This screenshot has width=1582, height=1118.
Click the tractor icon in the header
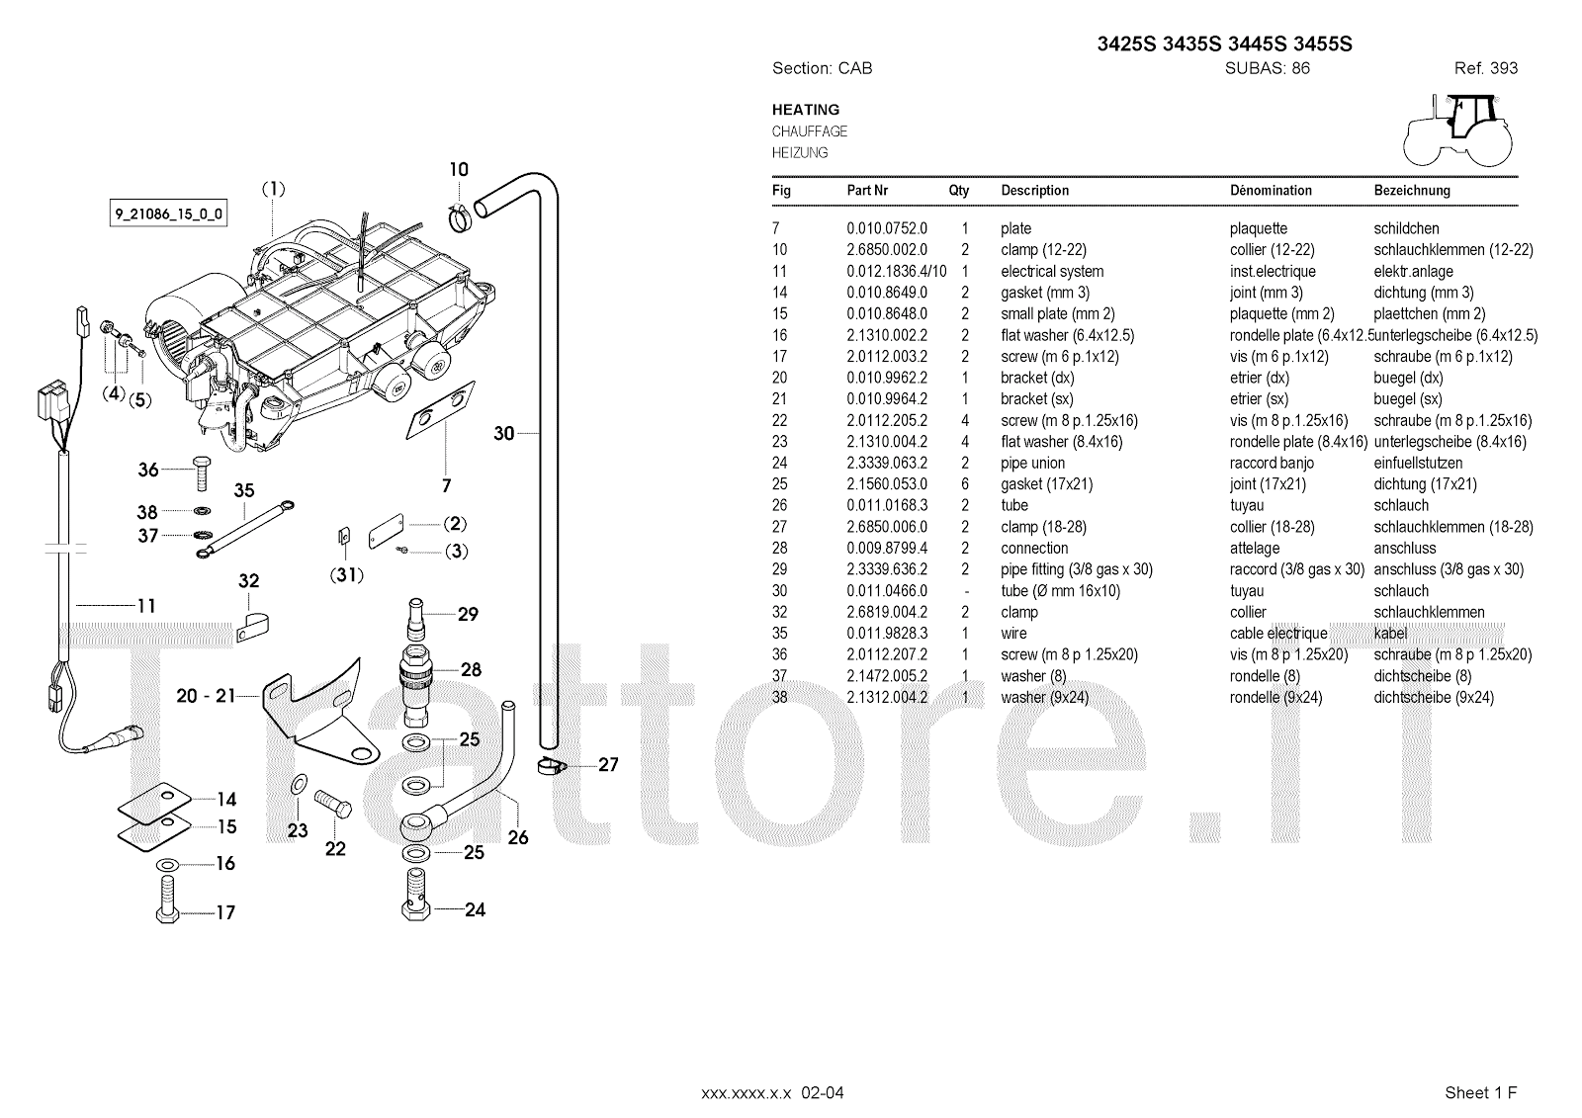point(1457,129)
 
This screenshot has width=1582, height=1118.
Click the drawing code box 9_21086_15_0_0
point(168,214)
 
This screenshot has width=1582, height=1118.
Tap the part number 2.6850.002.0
point(887,250)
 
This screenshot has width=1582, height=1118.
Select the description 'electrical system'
point(1052,271)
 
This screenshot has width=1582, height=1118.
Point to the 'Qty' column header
point(958,191)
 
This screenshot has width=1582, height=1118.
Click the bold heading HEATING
point(806,110)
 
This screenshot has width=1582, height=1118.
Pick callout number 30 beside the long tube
point(503,433)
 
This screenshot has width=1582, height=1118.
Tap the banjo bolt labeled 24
point(416,894)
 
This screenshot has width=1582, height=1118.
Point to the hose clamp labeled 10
point(460,217)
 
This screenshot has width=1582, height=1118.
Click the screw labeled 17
point(167,900)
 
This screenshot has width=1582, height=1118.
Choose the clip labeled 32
point(251,627)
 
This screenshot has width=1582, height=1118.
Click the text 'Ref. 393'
point(1486,68)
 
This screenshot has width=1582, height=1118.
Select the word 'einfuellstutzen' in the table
point(1418,464)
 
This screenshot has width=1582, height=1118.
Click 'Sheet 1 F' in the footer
point(1480,1092)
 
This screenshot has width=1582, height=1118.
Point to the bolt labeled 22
point(332,803)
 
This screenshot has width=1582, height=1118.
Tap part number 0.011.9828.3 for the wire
point(887,634)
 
